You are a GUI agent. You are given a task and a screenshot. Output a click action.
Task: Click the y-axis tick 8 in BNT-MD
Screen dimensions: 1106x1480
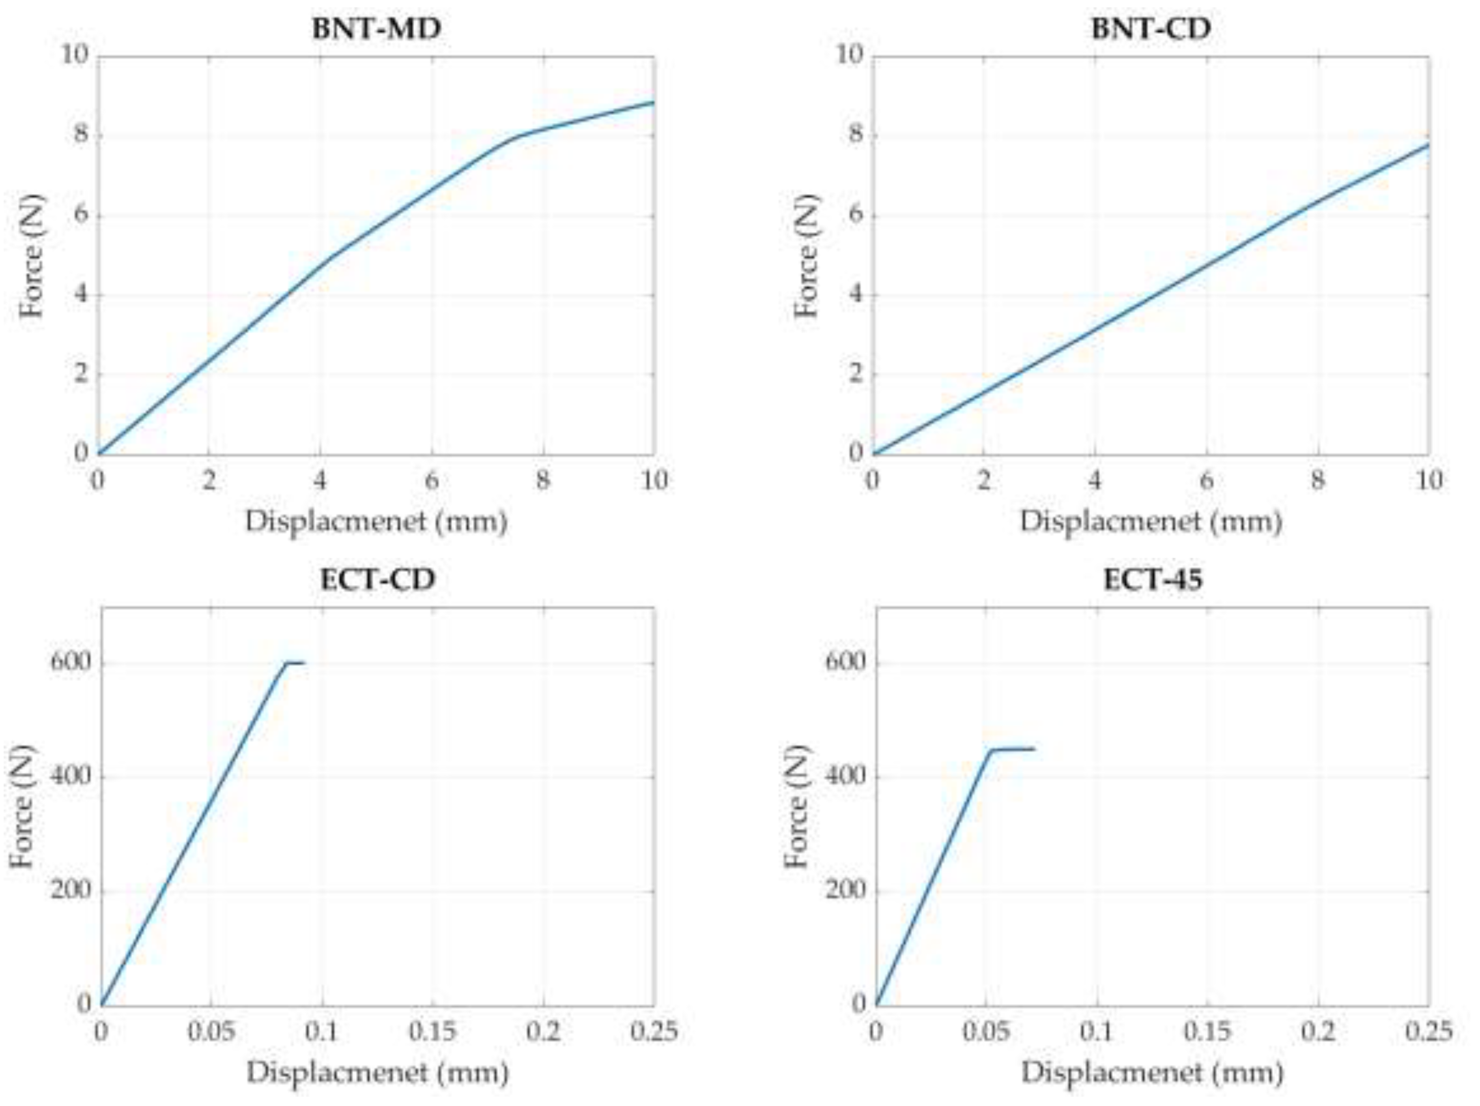[80, 135]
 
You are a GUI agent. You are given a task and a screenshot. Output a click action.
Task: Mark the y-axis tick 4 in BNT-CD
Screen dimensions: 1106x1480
[856, 294]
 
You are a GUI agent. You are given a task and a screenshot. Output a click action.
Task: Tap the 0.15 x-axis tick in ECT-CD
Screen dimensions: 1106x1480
[432, 1031]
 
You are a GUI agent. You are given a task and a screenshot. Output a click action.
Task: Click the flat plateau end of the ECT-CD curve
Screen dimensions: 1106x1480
[302, 662]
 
